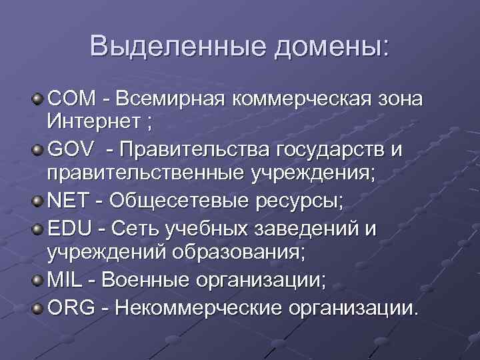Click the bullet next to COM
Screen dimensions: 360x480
[38, 99]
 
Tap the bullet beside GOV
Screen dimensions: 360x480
[38, 149]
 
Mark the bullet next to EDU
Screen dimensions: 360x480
[38, 230]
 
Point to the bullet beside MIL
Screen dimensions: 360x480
[38, 280]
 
